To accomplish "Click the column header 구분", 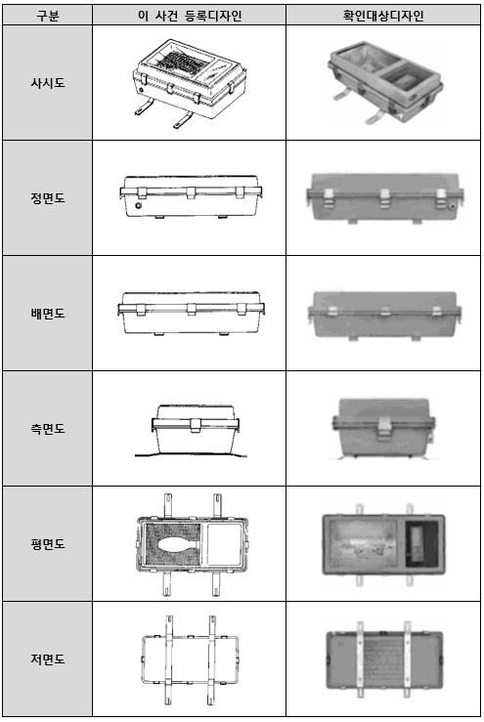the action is pos(48,16).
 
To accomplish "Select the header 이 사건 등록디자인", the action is pos(190,16).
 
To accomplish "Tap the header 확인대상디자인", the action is pos(383,16).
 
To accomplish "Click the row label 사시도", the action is pos(48,83).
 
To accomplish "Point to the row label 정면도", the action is pos(48,198).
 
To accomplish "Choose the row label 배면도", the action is pos(48,314).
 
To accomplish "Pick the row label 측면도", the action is pos(48,429).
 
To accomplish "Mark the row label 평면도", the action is pos(48,544).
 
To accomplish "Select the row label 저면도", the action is pos(48,658).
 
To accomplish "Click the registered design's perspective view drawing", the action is pos(190,83).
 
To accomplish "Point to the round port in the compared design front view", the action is pos(453,207).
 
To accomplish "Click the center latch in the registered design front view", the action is pos(192,192).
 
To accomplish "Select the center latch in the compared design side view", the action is pos(383,429).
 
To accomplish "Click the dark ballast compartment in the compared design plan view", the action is pos(420,544).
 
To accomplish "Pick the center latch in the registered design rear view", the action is pos(192,309).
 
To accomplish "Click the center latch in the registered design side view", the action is pos(196,425).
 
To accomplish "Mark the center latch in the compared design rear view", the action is pos(385,312).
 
